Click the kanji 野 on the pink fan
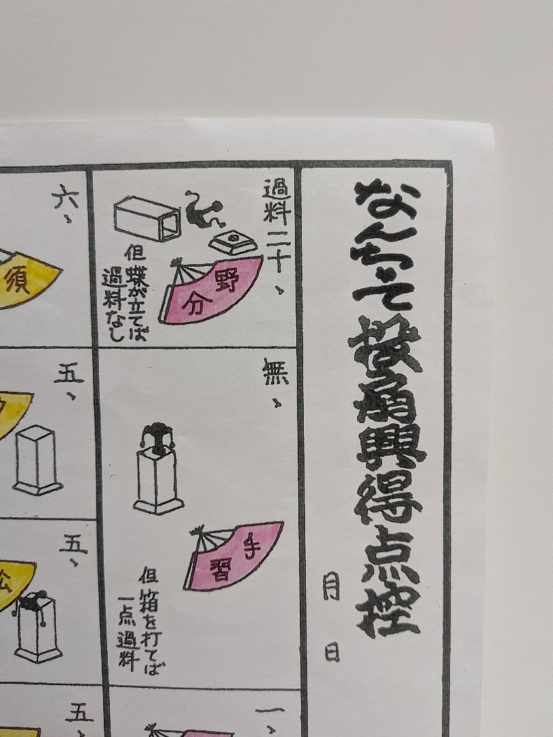point(227,280)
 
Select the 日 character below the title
point(332,651)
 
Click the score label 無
point(275,372)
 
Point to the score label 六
point(66,198)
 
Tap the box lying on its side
point(146,218)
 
